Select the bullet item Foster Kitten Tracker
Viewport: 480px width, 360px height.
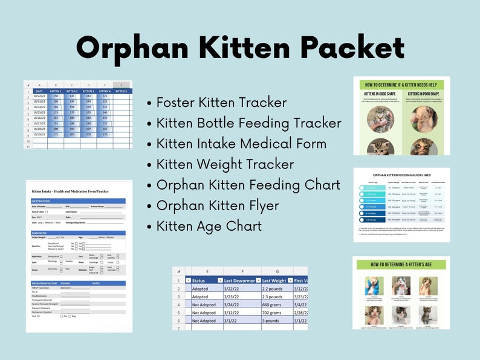(221, 103)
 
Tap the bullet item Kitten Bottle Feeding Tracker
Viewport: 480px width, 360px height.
(248, 123)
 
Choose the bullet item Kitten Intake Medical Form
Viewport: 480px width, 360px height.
(241, 144)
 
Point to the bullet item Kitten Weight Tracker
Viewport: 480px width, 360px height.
(225, 164)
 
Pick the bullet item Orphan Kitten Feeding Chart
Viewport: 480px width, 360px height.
(248, 185)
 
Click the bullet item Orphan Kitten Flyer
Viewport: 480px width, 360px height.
(218, 205)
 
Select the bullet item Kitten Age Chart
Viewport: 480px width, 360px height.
(209, 226)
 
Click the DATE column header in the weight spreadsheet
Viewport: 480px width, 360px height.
(39, 91)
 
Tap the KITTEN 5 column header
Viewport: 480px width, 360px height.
(122, 91)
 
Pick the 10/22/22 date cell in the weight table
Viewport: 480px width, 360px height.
(39, 96)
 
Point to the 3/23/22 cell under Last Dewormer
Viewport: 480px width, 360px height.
(235, 297)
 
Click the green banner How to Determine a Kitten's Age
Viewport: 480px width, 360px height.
(401, 265)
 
